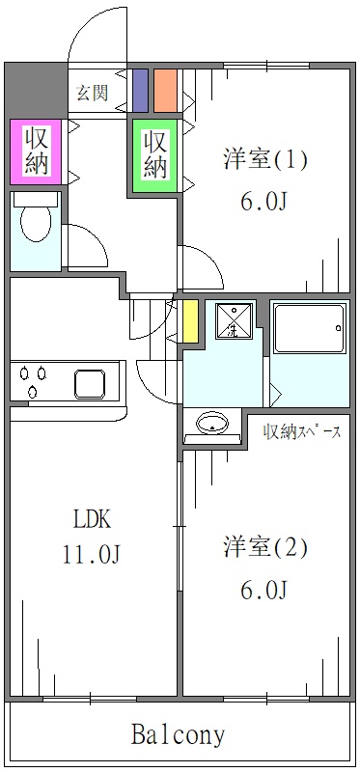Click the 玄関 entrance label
93,94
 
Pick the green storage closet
155,154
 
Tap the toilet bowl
37,226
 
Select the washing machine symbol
233,321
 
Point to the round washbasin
210,423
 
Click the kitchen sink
95,383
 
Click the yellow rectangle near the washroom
190,321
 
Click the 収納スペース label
302,431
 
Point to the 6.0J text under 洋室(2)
265,590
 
